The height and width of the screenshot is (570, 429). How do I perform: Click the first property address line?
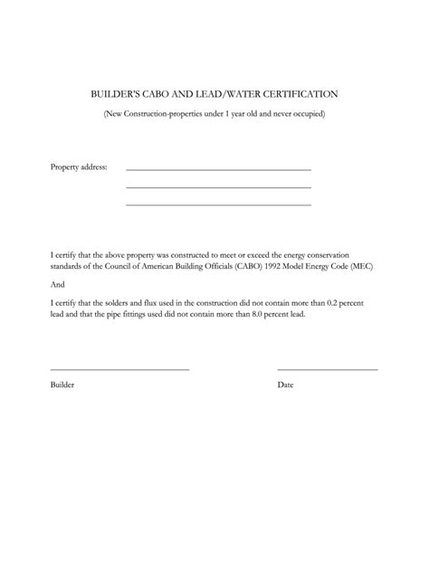[218, 170]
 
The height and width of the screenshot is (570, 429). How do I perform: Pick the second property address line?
[218, 187]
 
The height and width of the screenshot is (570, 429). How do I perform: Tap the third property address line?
[218, 204]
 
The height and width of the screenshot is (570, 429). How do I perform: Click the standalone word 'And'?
[57, 283]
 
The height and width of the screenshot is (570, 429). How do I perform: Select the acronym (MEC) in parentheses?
[360, 267]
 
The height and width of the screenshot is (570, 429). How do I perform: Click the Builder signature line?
[119, 369]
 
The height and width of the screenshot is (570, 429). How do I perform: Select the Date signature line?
[327, 369]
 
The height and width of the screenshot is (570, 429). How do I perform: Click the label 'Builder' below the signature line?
[62, 385]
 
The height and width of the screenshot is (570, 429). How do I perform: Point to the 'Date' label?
[285, 385]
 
